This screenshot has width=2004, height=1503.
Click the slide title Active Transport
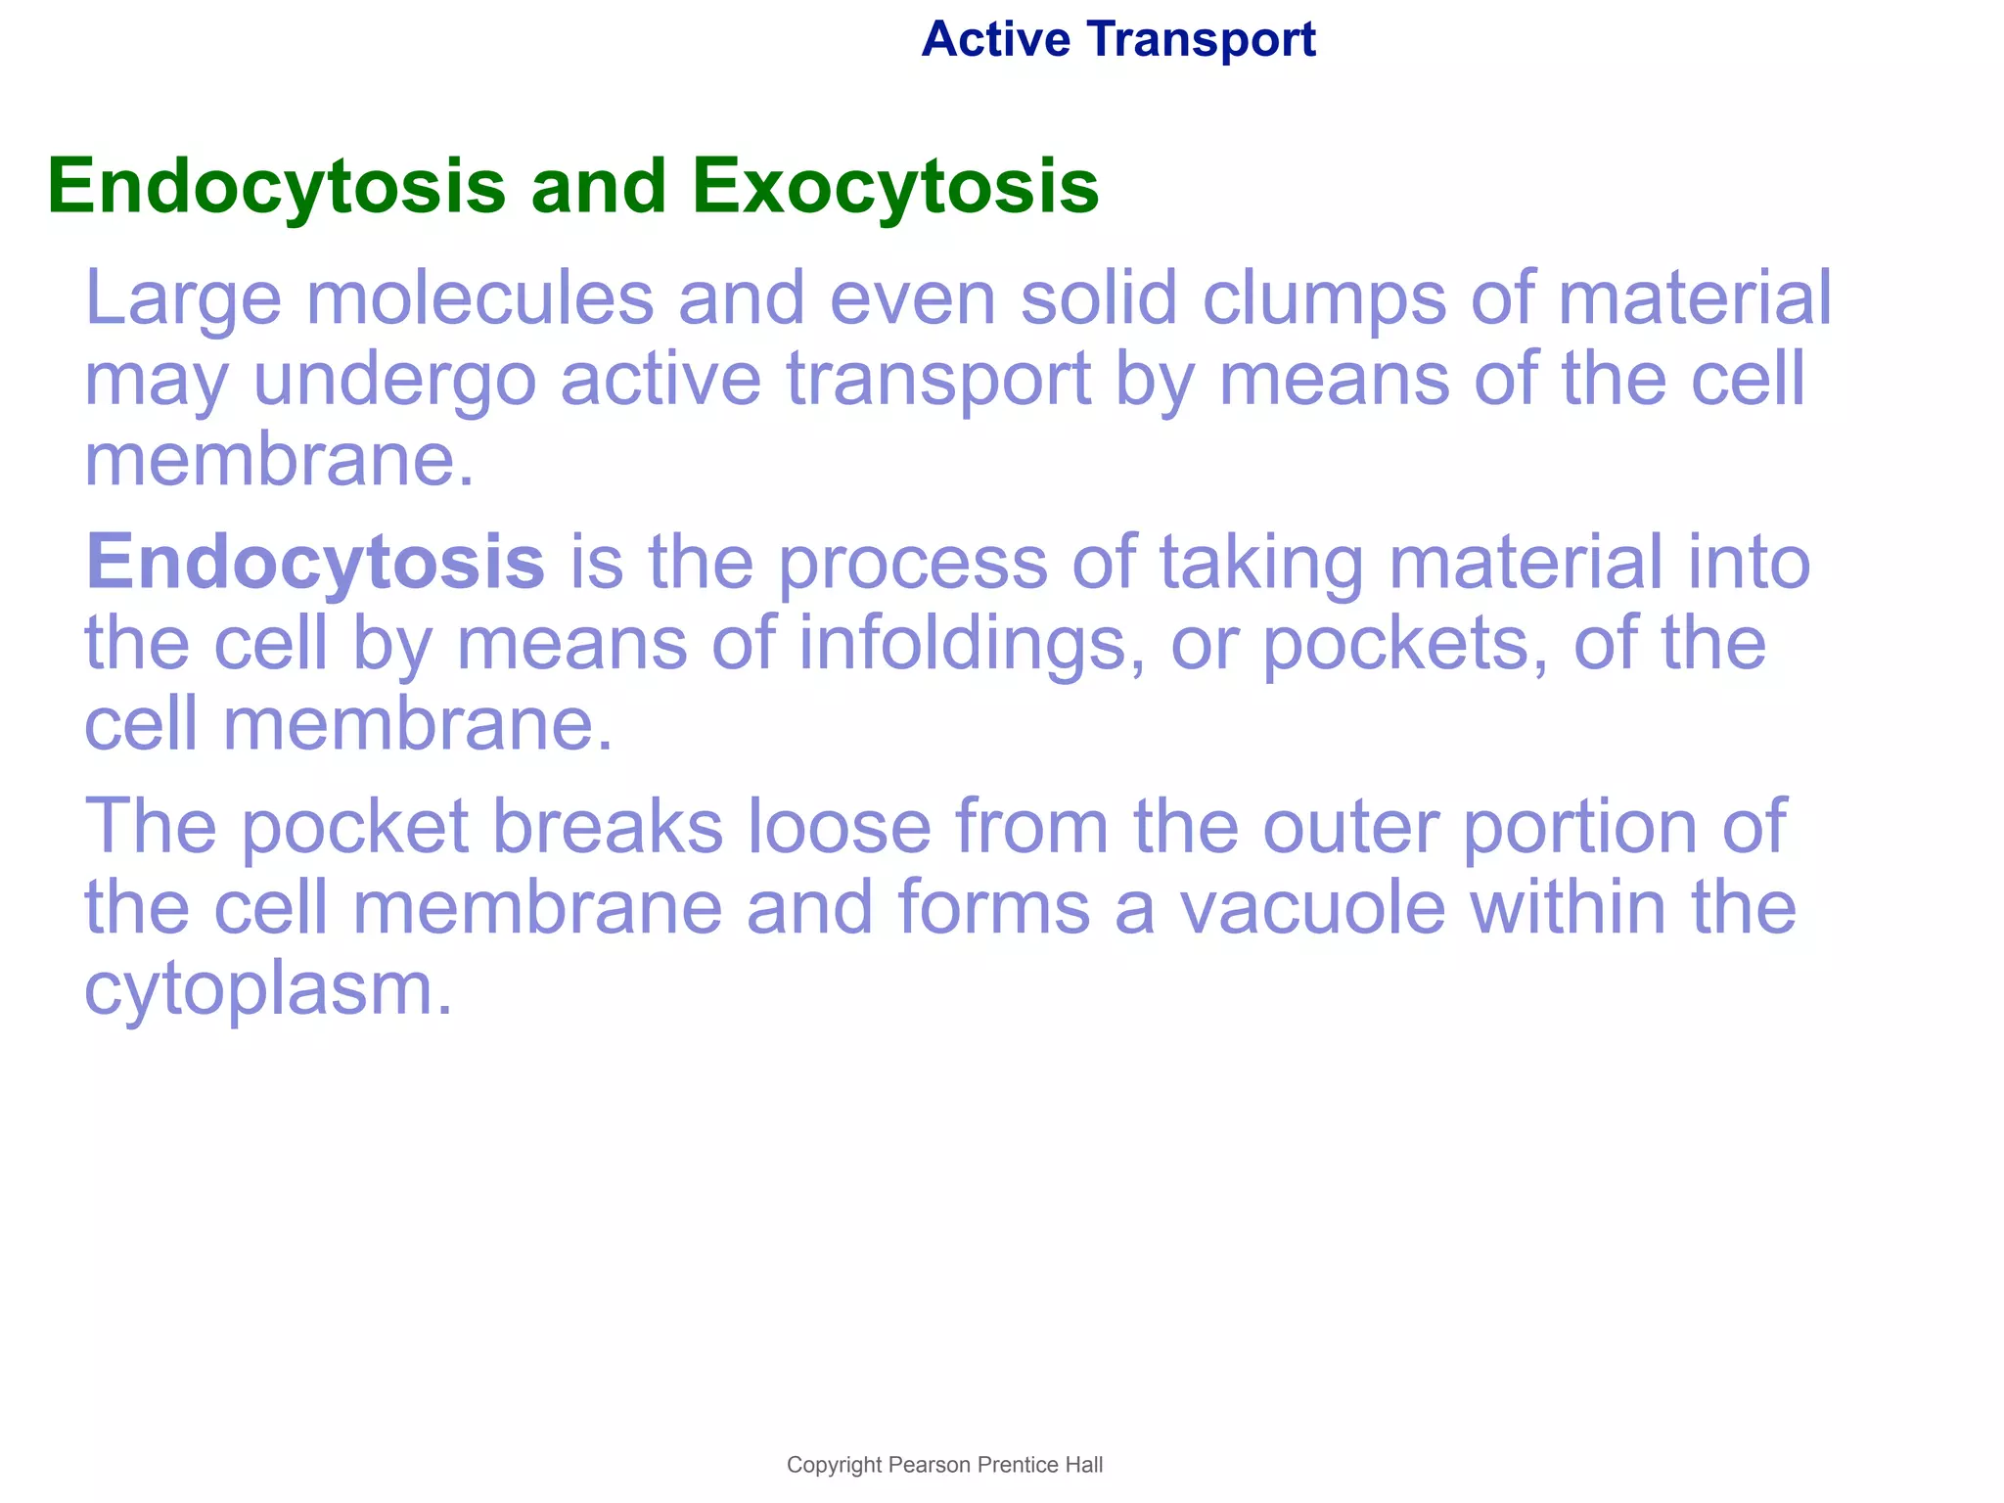[x=1117, y=40]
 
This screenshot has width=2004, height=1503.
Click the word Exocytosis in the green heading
[x=895, y=186]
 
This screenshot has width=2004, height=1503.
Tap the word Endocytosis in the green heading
[x=276, y=186]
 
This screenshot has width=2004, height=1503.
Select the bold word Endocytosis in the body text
[x=314, y=565]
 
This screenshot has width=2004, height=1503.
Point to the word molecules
[x=479, y=297]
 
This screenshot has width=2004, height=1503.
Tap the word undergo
[x=395, y=382]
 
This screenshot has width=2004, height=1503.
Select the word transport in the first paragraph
[x=937, y=382]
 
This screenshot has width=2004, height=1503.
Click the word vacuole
[x=1312, y=908]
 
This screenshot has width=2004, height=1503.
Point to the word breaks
[x=607, y=827]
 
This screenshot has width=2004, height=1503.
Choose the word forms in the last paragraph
[x=993, y=908]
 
